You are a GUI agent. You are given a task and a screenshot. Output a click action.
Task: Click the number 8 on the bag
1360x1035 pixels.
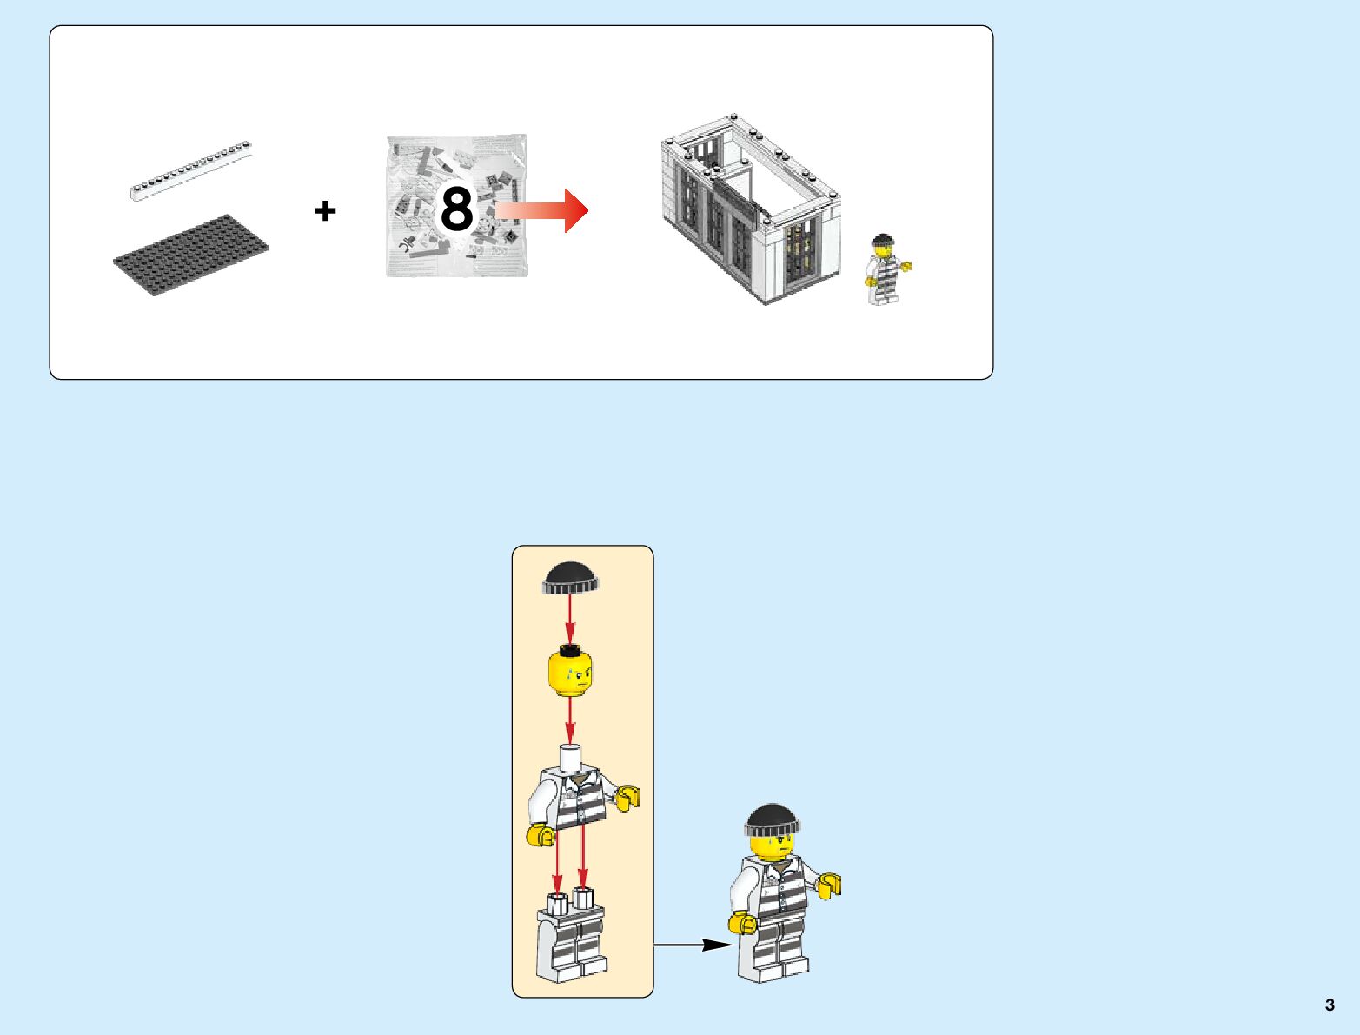(457, 210)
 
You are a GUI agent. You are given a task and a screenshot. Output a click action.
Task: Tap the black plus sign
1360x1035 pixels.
(325, 210)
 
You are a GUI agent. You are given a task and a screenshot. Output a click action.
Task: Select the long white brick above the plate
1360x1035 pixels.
(191, 170)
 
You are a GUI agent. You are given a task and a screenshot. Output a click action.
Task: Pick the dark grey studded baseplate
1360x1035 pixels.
(191, 255)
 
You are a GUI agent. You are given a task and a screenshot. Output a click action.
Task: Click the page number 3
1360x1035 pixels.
(1330, 1005)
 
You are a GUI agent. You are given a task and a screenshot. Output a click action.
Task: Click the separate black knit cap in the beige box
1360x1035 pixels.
(570, 577)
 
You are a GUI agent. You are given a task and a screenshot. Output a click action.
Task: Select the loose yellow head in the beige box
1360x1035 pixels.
(570, 674)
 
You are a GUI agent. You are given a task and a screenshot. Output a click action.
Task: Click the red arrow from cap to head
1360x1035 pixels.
(570, 619)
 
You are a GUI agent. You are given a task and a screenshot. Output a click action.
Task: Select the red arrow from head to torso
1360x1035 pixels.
(570, 720)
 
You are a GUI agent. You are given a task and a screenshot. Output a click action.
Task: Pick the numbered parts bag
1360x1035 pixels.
(457, 207)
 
